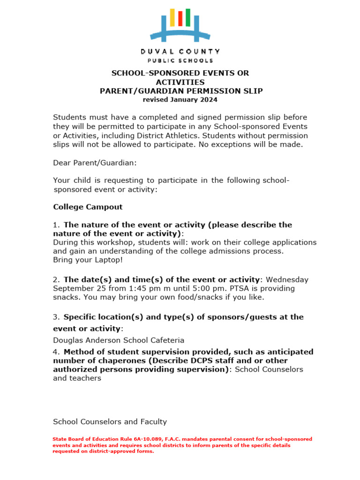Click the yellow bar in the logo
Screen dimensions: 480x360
point(172,17)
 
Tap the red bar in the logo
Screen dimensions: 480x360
point(180,18)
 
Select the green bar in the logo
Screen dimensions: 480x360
point(188,17)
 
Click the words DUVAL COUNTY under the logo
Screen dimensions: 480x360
point(180,51)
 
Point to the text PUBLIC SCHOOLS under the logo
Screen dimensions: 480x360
point(180,60)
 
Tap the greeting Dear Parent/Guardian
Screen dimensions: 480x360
point(95,163)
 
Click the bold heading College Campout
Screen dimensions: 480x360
point(88,207)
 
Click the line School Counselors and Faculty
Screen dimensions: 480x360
point(110,421)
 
